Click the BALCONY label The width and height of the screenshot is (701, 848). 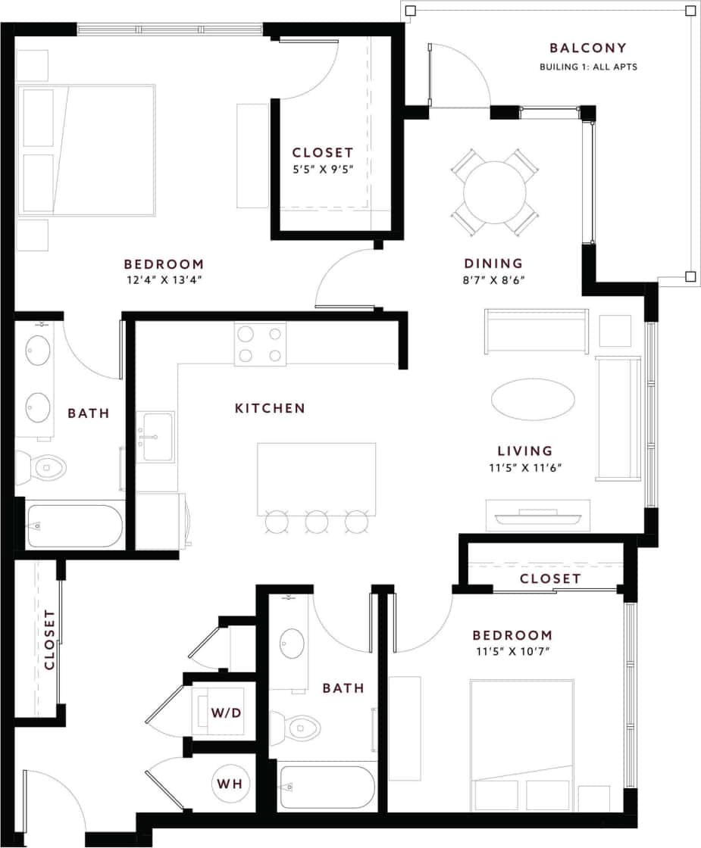point(588,48)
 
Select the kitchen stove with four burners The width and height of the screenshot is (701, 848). point(260,344)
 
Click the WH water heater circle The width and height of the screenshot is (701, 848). point(230,784)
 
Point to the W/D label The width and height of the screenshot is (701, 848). point(226,713)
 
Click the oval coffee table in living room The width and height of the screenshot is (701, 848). point(533,399)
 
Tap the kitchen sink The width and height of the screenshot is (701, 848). point(155,437)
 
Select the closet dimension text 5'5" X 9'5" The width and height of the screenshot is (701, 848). point(323,170)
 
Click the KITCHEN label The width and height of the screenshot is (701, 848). point(270,408)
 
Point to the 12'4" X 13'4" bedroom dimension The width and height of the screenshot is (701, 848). point(164,279)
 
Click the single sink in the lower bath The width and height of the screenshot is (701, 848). point(290,644)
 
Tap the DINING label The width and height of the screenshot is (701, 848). point(493,263)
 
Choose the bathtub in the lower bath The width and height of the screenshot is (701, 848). point(327,787)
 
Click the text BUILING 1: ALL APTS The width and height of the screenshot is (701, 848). point(588,67)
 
